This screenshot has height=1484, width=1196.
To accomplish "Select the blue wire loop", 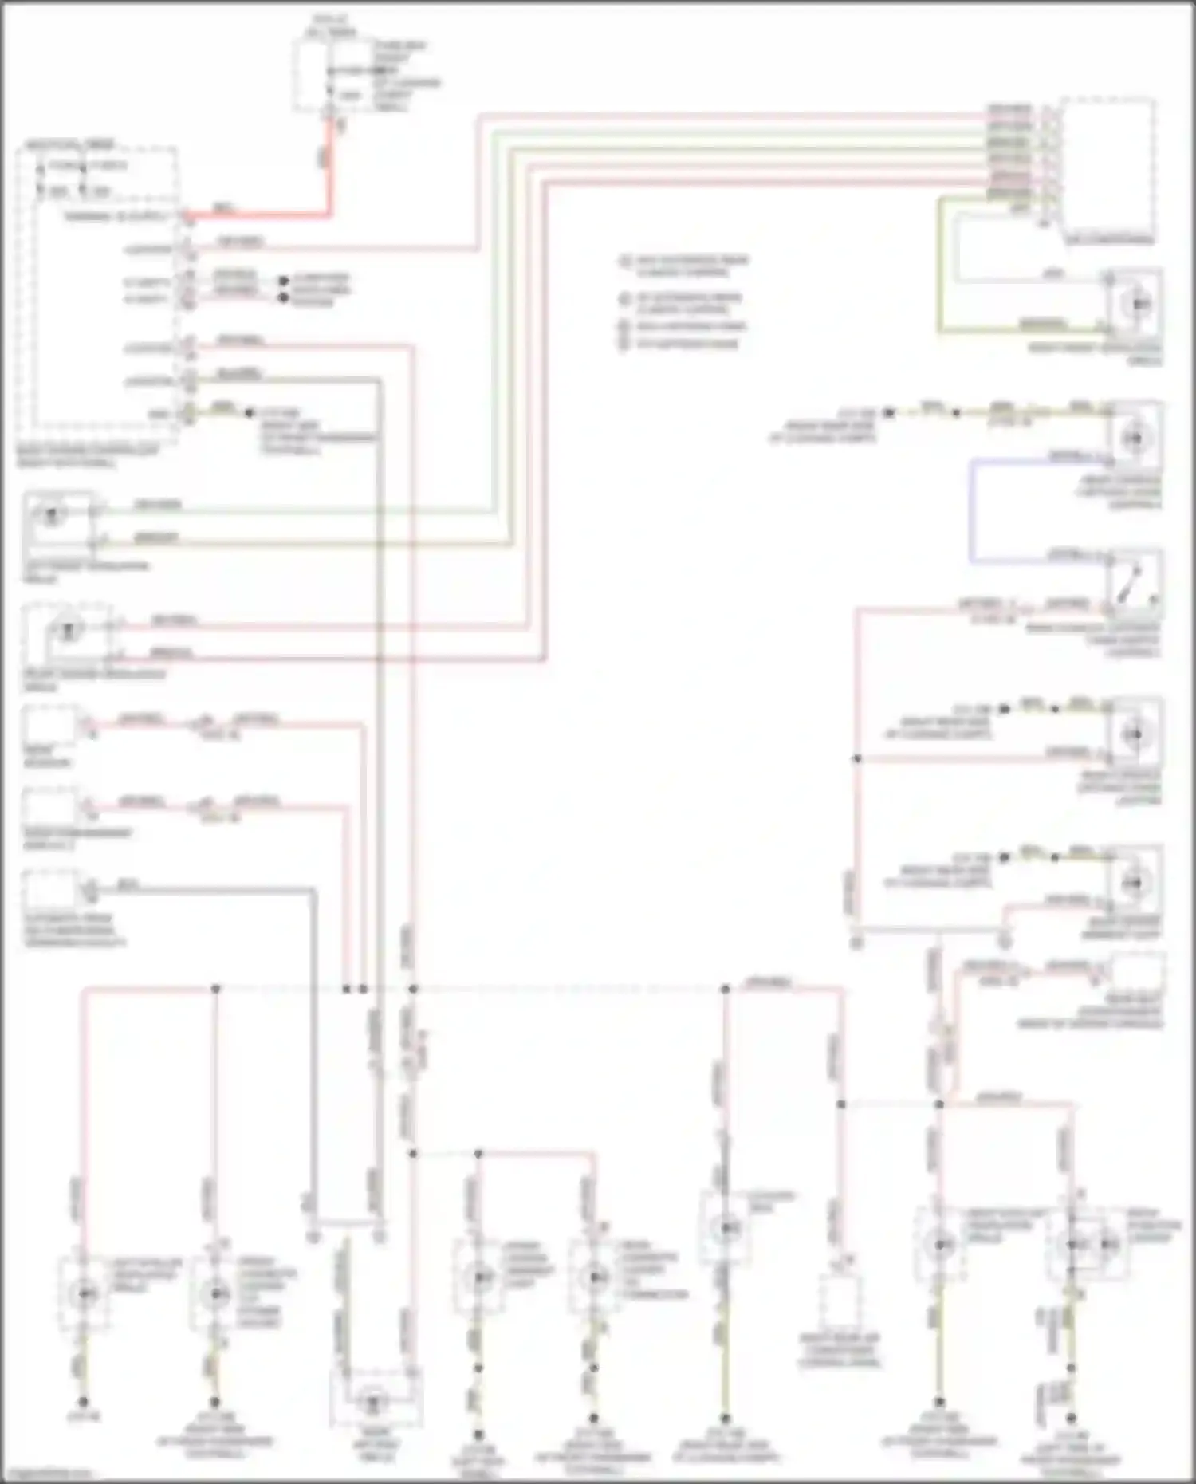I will (972, 510).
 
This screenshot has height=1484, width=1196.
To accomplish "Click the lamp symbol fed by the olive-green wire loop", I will (1135, 304).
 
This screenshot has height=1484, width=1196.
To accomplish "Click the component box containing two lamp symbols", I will (1088, 1245).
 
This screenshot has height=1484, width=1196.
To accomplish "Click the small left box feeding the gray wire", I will (49, 889).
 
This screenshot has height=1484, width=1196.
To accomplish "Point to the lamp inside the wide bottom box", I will (375, 1397).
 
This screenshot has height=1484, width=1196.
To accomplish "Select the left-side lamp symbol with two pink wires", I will (67, 631).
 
